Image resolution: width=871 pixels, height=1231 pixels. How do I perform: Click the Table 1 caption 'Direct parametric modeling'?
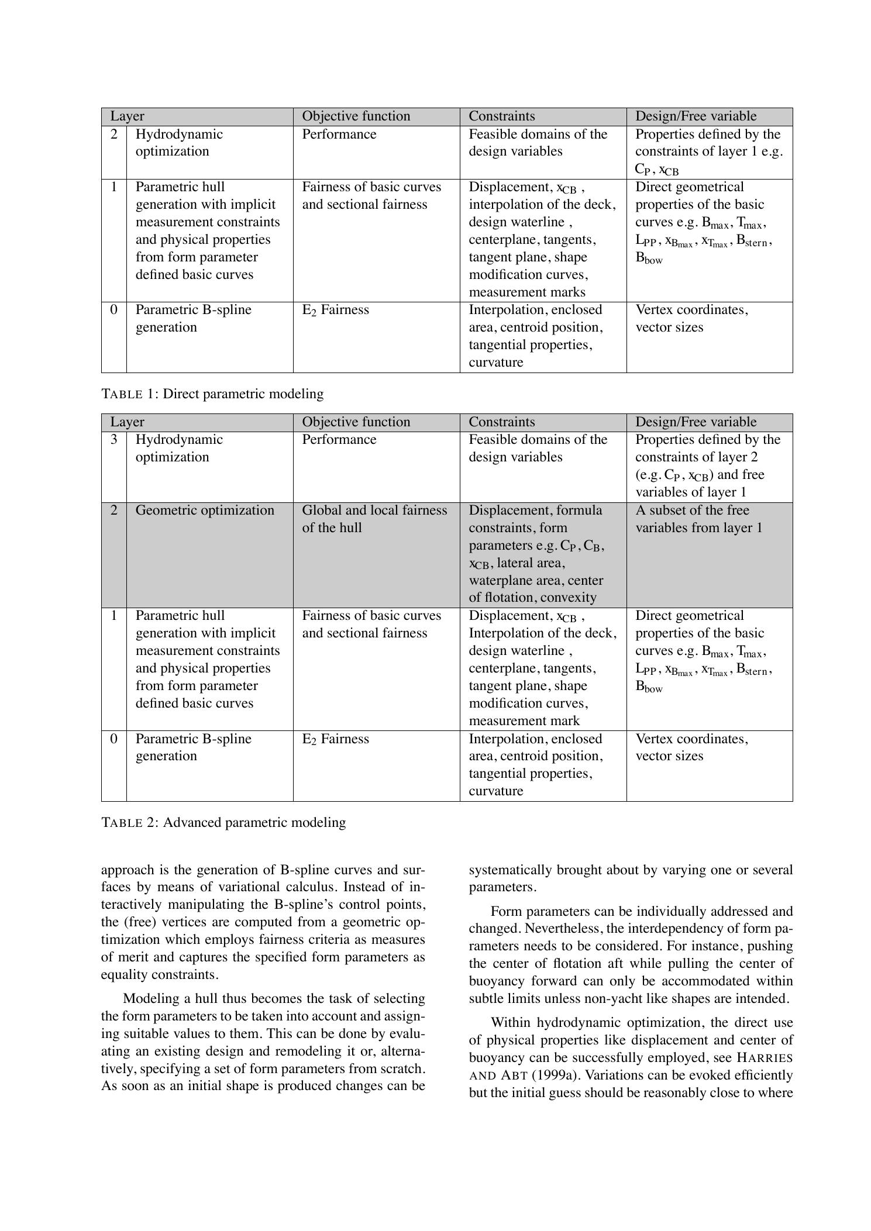243,394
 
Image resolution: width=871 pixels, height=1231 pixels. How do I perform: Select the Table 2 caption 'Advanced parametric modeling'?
254,822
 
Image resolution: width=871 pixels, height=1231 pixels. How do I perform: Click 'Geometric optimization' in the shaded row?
205,510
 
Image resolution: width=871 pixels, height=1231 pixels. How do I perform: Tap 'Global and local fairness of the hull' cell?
374,519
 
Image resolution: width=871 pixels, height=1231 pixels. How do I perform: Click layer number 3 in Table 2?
113,439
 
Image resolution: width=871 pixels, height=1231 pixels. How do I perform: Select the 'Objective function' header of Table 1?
356,116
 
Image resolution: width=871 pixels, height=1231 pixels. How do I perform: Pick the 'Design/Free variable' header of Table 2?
696,422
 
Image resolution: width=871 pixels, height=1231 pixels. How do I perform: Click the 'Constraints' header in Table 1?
501,116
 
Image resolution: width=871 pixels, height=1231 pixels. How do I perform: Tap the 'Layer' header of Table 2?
127,422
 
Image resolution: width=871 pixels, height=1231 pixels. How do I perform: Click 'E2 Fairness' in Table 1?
335,310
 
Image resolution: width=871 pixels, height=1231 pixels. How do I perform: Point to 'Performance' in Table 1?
339,134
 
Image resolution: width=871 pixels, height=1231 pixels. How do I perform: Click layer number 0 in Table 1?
113,309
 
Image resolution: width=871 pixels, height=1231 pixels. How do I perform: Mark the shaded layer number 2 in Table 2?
113,510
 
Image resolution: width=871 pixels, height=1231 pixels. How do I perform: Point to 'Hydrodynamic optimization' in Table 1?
179,143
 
